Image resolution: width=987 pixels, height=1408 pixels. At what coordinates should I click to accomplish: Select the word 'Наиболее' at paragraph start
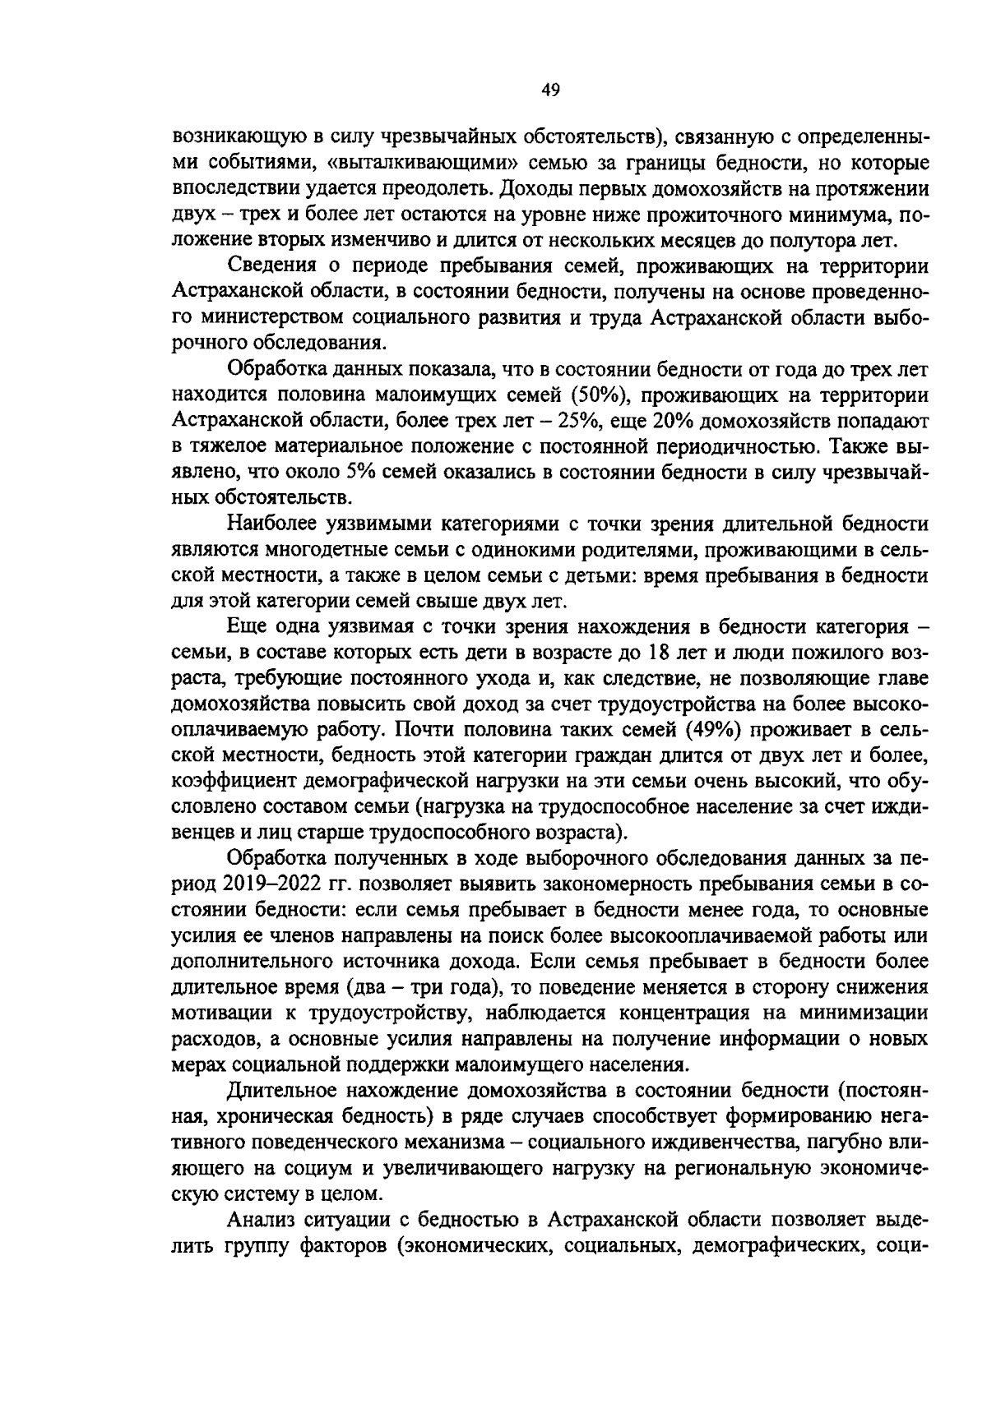tap(277, 524)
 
